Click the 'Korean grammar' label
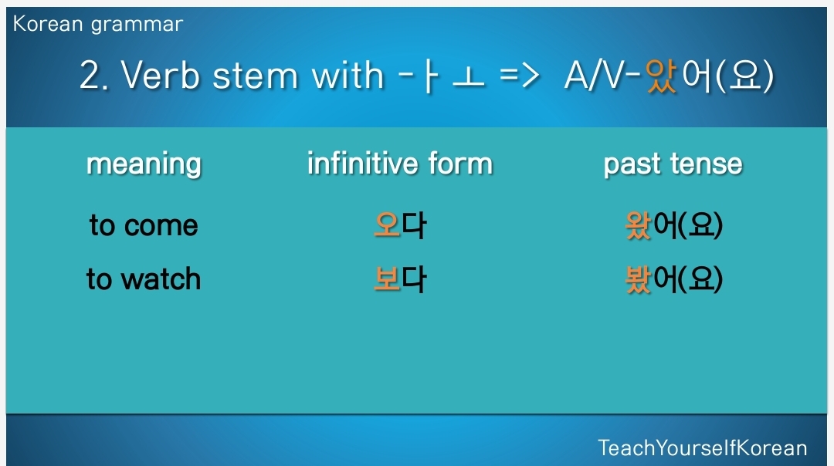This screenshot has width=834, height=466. coord(98,25)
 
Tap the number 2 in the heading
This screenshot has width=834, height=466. coord(90,75)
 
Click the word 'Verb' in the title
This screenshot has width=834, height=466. coord(161,75)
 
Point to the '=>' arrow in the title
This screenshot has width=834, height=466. coord(519,76)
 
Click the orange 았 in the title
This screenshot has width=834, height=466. coord(661,76)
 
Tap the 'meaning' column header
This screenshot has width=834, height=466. coord(144,164)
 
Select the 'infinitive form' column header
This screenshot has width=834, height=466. coord(400,163)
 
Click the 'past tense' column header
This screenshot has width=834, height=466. coord(673,164)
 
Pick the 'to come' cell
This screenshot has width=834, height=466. coord(144,225)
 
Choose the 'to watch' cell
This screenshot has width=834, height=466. coord(144,279)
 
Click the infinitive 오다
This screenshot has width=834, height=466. coord(400,225)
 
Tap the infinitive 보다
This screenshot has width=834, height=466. coord(400,279)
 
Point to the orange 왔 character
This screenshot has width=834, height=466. coord(639,225)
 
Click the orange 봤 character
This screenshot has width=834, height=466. coord(639,279)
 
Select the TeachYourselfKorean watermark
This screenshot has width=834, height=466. coord(703,448)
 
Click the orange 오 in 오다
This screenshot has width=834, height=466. coord(387,225)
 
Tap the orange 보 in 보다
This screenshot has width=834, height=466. coord(387,279)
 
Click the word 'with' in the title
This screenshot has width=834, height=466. coord(347,75)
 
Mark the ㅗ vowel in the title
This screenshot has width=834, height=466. coord(469,78)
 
